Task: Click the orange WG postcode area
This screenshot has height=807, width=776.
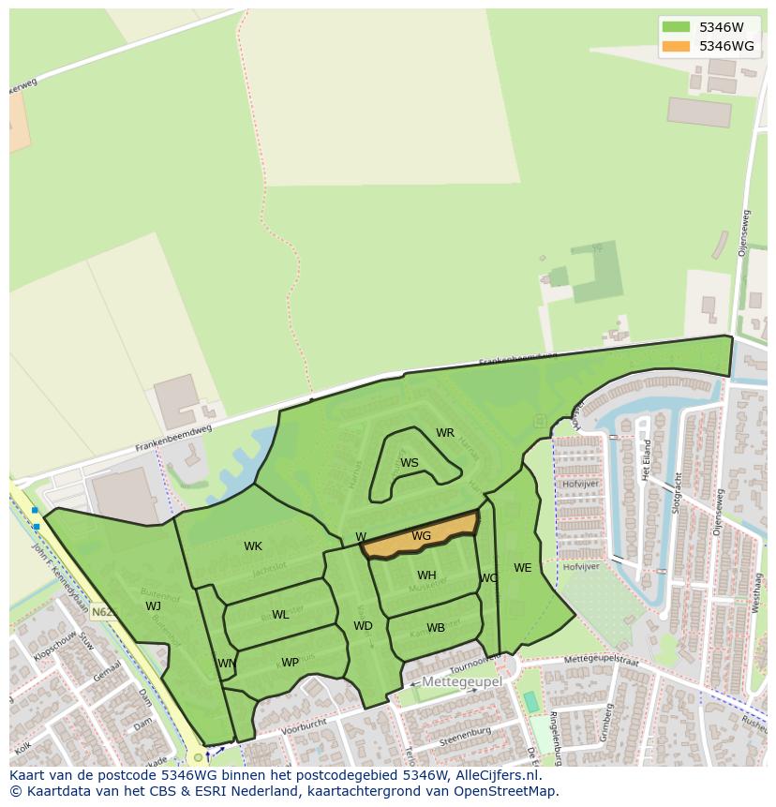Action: coord(421,536)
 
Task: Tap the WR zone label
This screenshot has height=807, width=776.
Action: coord(445,433)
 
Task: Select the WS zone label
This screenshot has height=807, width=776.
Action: coord(410,463)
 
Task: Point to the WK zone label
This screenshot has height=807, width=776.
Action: coord(253,546)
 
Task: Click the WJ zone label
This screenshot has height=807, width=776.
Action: coord(153,606)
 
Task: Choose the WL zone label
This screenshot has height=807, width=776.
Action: coord(280,615)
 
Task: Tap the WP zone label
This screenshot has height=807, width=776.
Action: coord(290,663)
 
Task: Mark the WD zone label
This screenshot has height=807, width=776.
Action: coord(363,626)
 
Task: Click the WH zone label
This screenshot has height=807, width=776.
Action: coord(426,575)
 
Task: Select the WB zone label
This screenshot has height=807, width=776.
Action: coord(436,628)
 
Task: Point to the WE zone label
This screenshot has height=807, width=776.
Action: coord(522,568)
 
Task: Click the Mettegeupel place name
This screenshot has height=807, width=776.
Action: coord(461,682)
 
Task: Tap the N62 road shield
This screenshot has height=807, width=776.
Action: coord(103,612)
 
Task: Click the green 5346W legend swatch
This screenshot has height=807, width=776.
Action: coord(675,27)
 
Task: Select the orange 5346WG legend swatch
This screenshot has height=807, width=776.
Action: coord(675,46)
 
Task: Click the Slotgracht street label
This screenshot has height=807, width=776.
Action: coord(676,492)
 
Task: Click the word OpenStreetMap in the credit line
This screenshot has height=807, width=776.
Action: coord(511,790)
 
